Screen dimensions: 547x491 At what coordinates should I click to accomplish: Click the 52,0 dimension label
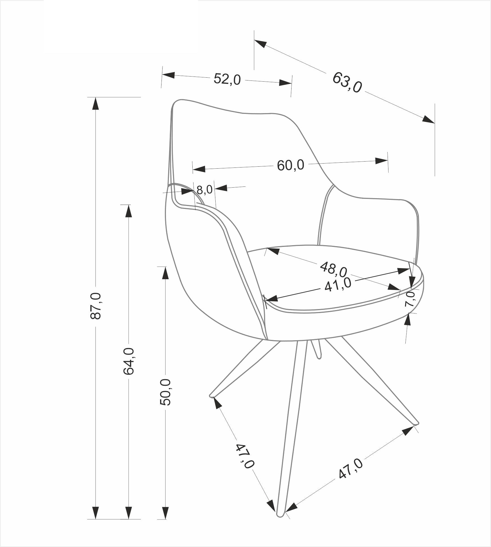point(227,79)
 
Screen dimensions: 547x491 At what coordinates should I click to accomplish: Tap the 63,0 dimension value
point(347,82)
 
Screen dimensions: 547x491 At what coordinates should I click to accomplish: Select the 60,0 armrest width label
point(290,165)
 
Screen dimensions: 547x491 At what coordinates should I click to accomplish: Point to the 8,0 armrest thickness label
point(204,190)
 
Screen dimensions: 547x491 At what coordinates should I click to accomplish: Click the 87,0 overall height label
point(96,306)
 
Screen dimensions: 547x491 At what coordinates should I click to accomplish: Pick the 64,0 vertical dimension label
point(129,361)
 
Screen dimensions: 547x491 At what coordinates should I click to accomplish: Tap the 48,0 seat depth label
point(333,269)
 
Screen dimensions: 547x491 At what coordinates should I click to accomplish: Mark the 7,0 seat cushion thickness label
point(410,299)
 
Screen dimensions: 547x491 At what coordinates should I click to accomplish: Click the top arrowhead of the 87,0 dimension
point(96,103)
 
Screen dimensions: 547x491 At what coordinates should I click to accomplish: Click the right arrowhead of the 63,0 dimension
point(428,119)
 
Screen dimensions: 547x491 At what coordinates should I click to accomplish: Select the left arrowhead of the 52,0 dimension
point(168,75)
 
